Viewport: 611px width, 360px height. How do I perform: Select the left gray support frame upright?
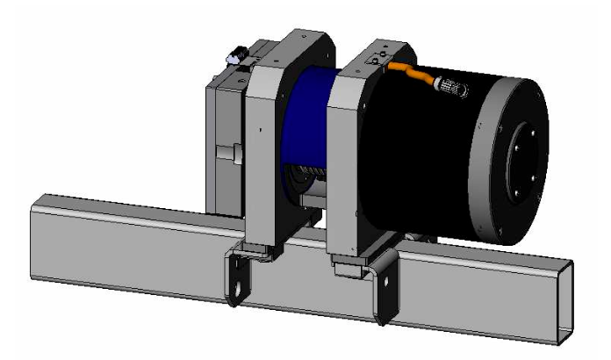click(263, 158)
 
